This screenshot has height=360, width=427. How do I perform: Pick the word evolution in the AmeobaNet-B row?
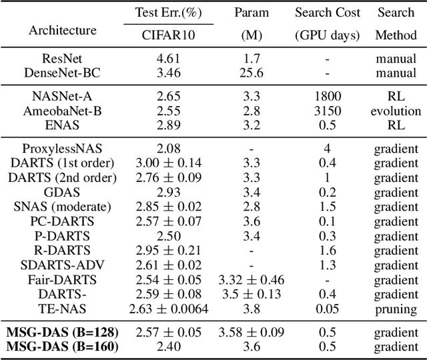397,111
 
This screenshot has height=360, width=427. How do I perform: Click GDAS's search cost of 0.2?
327,193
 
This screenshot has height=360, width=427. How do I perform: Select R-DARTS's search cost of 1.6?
327,250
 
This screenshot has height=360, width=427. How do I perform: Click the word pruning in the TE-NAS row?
397,309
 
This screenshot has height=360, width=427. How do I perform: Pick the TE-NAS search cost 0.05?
327,309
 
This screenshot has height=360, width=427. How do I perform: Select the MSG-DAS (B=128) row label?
63,332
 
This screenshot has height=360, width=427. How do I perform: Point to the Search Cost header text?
327,13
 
